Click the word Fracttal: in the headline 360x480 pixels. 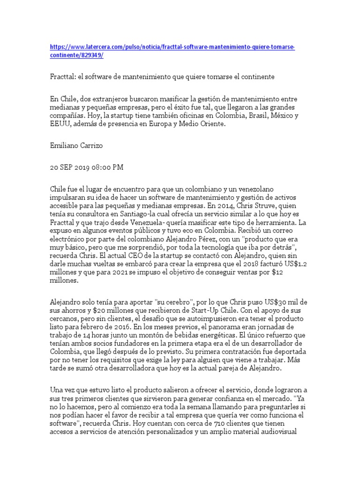pos(63,76)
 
